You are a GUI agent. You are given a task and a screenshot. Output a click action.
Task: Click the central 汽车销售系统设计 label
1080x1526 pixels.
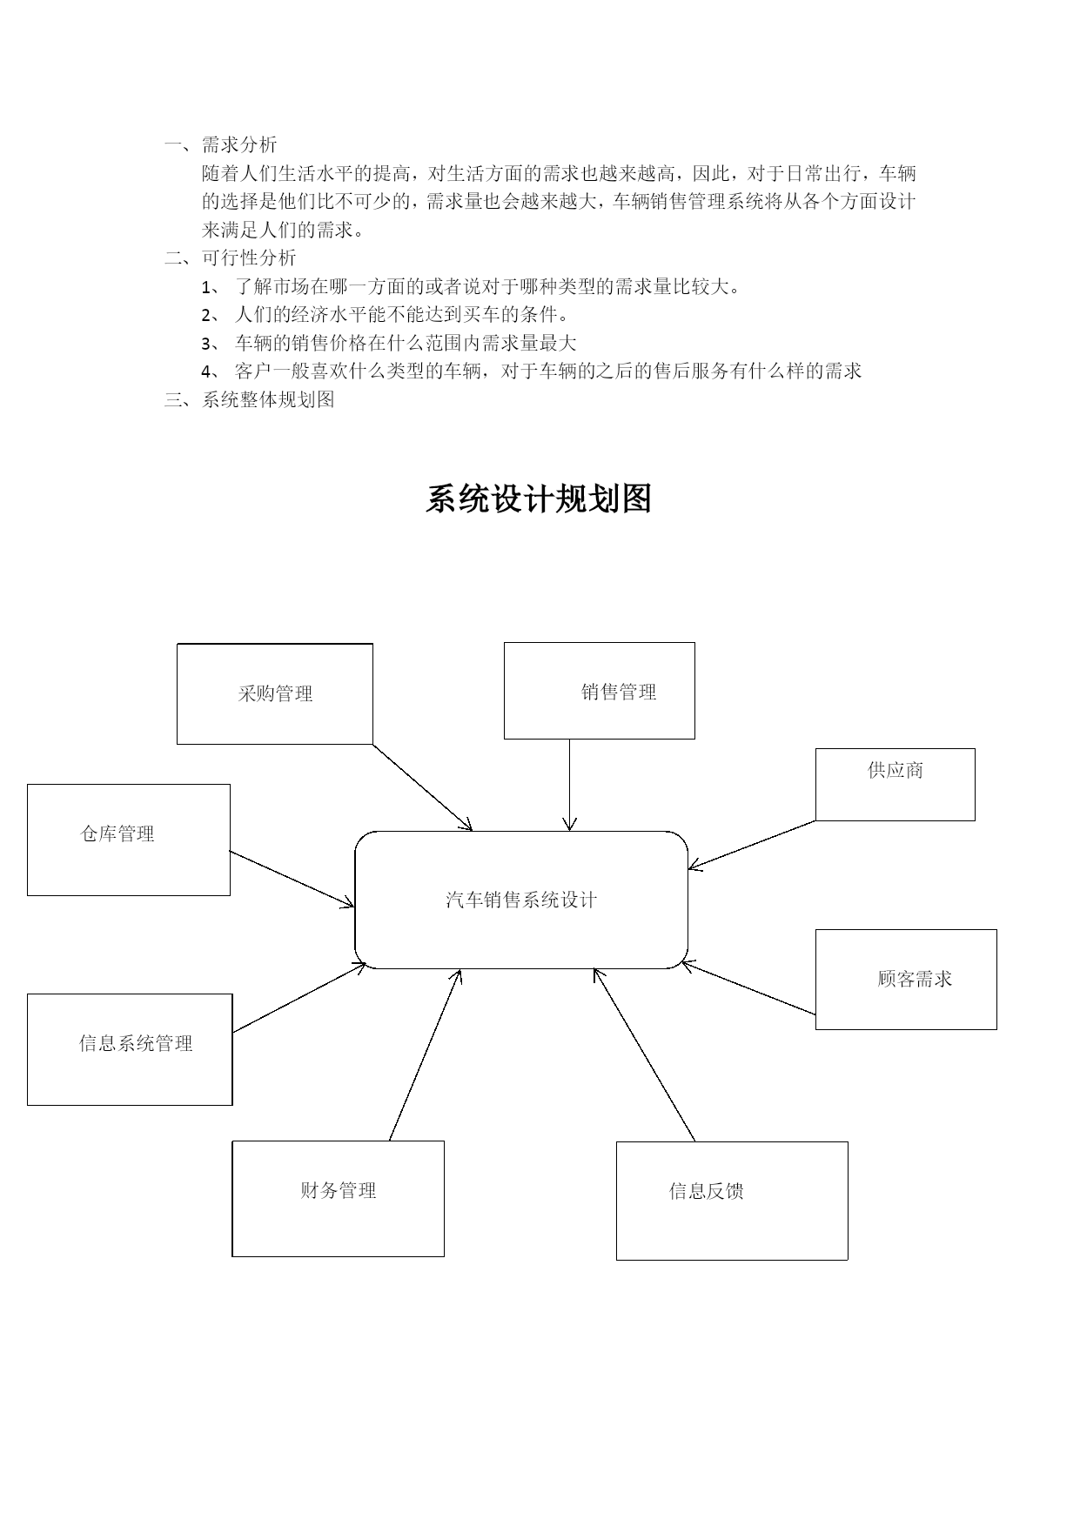pos(521,900)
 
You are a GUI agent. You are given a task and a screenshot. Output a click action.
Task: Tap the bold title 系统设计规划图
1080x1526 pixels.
pos(539,499)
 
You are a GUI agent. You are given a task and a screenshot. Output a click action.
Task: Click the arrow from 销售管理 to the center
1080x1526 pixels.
pos(570,785)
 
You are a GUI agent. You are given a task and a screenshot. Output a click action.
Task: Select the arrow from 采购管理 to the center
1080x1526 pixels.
pos(423,787)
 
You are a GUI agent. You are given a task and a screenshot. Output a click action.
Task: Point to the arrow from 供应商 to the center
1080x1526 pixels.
pos(752,845)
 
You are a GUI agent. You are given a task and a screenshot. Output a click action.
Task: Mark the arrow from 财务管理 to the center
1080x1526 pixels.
pos(425,1054)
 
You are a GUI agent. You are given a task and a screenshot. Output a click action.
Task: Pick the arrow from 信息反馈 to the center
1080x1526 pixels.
pos(644,1054)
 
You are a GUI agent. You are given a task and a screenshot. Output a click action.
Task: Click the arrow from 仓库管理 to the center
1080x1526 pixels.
pos(292,880)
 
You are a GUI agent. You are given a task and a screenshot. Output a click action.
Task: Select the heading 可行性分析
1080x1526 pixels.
pos(249,258)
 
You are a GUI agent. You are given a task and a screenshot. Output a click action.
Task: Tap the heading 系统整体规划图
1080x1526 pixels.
pos(268,399)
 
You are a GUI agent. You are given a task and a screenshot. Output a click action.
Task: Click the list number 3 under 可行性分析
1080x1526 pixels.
pos(206,344)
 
